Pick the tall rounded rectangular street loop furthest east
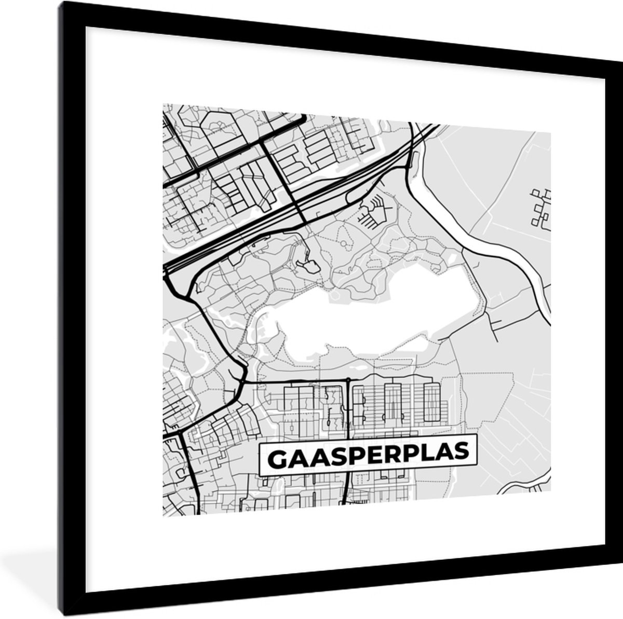tap(431, 402)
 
